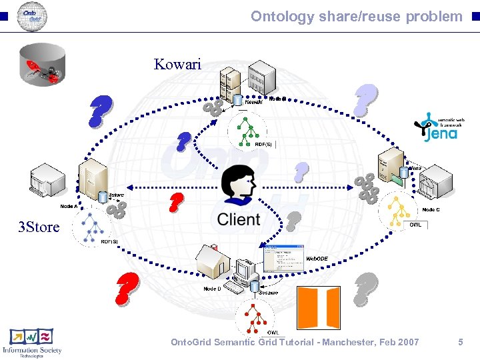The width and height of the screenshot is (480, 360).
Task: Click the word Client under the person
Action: coord(238,219)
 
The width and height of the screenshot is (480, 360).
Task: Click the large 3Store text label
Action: coord(39,227)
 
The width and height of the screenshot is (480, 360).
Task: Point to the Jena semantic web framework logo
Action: coord(436,127)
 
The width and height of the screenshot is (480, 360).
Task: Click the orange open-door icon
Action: coord(318,307)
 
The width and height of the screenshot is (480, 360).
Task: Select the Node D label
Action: coord(212,289)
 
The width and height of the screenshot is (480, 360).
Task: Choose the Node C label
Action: coord(431,209)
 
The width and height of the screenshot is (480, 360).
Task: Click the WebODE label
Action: coord(317,258)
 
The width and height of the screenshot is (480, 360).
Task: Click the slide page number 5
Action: coord(460,342)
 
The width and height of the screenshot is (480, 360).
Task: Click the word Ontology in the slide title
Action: coord(277,16)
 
